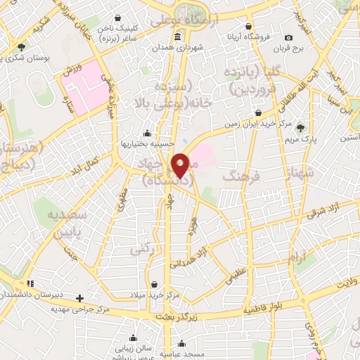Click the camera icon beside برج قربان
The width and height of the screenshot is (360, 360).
[x=289, y=37]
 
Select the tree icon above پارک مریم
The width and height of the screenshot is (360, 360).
[x=301, y=127]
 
